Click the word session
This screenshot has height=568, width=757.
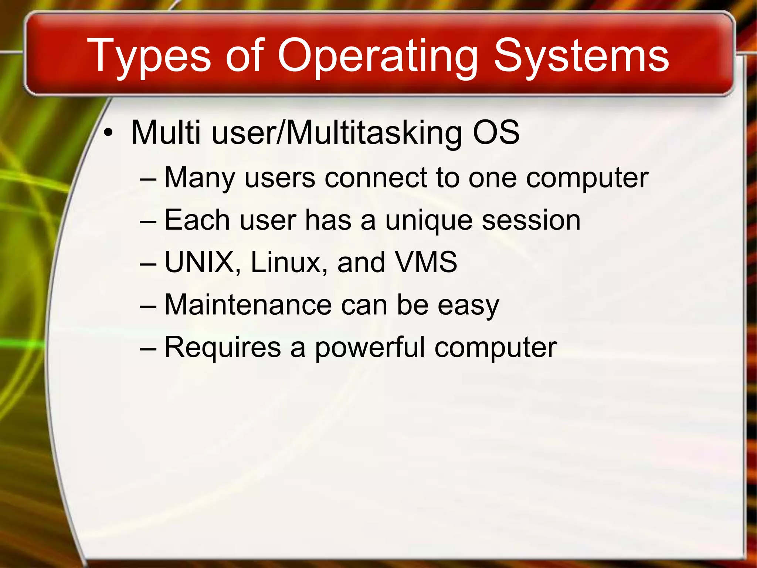531,220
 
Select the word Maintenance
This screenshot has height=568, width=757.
248,305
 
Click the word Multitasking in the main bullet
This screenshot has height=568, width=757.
374,133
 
